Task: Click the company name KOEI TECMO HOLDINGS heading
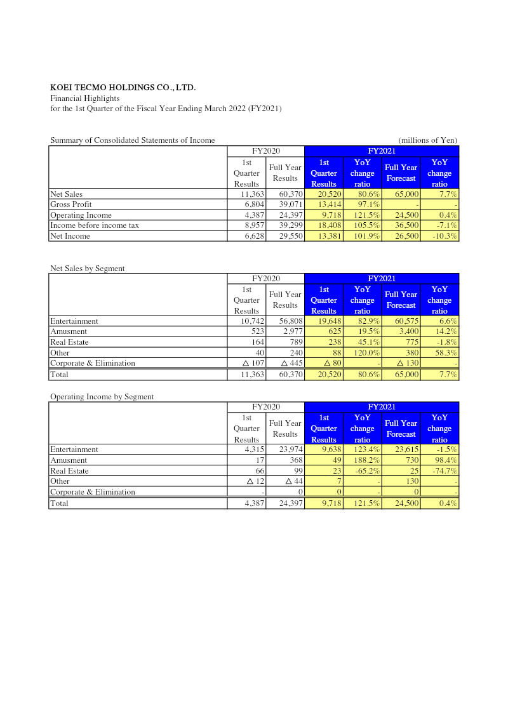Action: click(123, 88)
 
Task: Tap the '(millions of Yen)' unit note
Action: click(427, 140)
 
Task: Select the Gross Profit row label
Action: click(71, 204)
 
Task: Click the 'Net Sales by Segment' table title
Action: click(88, 269)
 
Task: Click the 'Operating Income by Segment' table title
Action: click(102, 397)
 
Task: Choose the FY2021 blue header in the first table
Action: click(382, 151)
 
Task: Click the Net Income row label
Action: click(70, 236)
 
